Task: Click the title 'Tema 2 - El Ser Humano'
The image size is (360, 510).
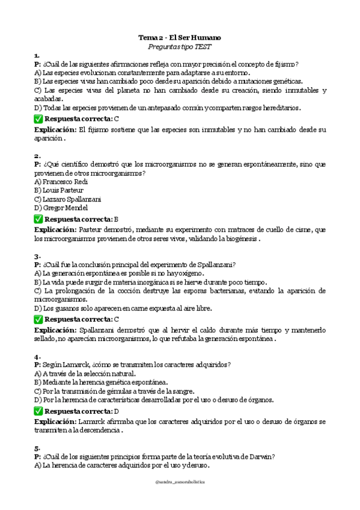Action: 180,37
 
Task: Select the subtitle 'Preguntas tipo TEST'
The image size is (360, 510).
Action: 180,46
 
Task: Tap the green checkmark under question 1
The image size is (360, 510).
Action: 38,119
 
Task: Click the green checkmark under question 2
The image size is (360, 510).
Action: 38,219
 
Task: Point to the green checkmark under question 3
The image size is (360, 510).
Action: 38,319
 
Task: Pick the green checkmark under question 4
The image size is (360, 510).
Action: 38,411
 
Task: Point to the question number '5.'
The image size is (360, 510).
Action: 37,448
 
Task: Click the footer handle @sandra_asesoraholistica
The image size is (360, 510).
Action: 180,482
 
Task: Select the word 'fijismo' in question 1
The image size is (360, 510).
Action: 285,64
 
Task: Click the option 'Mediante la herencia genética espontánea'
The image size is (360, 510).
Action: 101,382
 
